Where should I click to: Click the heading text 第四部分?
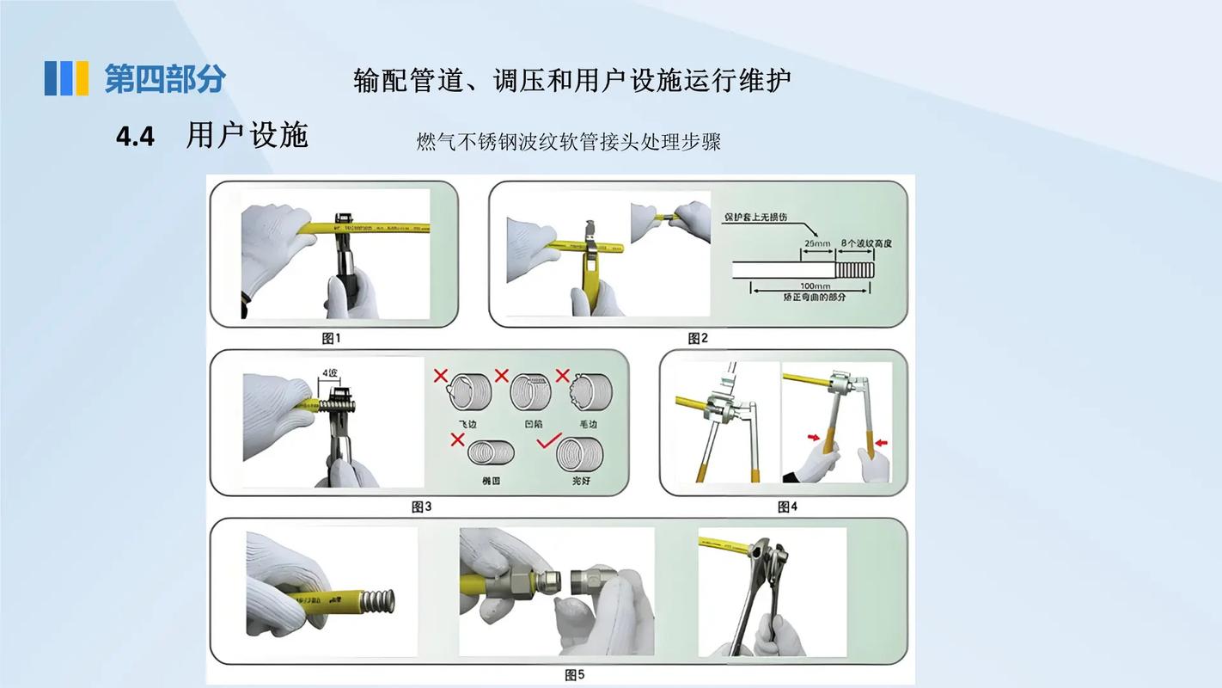[x=164, y=78]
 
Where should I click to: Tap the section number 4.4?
[x=135, y=138]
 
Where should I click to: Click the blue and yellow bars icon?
[x=66, y=78]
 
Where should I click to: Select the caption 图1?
[x=331, y=338]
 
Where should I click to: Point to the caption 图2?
[x=698, y=338]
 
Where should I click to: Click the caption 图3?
[x=421, y=507]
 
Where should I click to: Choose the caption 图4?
[x=787, y=507]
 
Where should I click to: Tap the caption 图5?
[x=575, y=675]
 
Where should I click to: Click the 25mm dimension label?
[x=816, y=243]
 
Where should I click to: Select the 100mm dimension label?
[x=815, y=286]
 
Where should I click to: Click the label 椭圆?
[x=492, y=481]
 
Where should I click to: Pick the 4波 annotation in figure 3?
[x=329, y=373]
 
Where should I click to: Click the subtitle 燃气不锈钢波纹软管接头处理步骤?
[x=568, y=142]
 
